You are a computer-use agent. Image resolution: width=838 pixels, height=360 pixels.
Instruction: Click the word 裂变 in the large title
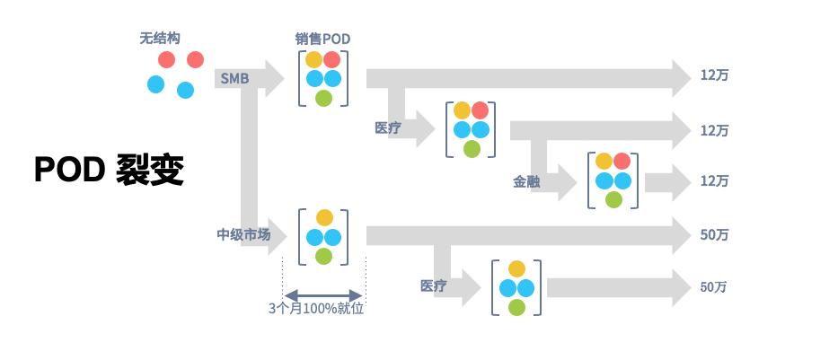point(150,170)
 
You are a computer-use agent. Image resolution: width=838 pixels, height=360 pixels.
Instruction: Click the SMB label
point(234,78)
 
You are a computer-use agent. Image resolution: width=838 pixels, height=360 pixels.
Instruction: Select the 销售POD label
point(322,39)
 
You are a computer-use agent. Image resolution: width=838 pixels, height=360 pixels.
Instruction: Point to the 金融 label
point(526,180)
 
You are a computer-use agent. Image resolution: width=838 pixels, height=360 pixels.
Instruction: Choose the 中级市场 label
point(243,235)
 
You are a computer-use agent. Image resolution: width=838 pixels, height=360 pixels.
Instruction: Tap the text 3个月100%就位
point(322,308)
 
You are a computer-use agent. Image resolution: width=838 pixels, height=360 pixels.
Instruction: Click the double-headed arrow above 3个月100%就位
point(323,294)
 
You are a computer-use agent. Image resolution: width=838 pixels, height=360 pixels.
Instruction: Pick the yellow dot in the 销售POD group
point(313,60)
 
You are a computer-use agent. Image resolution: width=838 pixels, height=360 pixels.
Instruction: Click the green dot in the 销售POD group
point(323,98)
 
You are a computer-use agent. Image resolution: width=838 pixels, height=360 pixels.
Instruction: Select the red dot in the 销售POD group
point(332,60)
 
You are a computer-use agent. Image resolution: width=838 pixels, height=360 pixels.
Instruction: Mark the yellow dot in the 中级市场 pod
point(324,217)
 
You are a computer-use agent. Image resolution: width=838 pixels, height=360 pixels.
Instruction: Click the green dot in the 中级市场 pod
point(323,257)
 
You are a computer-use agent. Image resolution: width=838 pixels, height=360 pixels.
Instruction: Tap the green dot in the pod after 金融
point(613,199)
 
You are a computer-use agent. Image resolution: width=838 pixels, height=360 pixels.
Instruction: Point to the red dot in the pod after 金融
point(623,162)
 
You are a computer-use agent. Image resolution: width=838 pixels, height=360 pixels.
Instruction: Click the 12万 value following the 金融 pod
point(714,180)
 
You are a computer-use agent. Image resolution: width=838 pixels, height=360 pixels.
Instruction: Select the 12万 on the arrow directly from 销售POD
point(714,76)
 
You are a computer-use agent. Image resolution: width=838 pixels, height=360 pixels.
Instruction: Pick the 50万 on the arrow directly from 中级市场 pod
point(714,235)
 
